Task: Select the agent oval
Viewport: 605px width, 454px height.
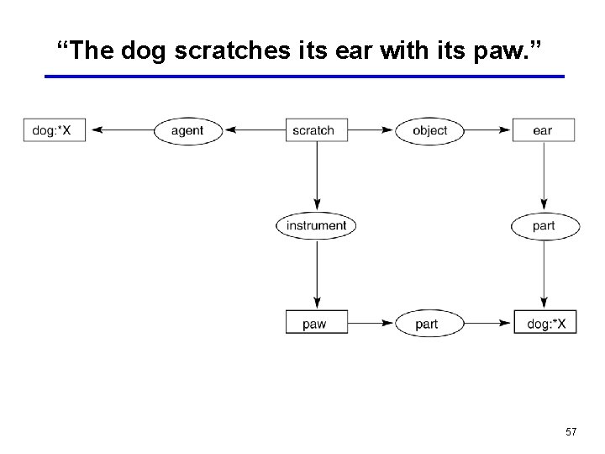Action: tap(187, 130)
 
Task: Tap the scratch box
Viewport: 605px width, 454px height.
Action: tap(313, 130)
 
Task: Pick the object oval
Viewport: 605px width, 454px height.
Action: tap(429, 130)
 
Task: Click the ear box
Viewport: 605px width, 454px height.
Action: tap(544, 130)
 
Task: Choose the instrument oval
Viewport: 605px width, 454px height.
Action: tap(316, 225)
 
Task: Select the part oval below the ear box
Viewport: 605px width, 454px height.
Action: tap(544, 225)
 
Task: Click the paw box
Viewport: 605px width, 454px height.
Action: tap(316, 324)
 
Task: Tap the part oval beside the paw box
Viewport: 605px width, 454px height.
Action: tap(427, 324)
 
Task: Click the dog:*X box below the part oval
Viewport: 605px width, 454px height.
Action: tap(545, 324)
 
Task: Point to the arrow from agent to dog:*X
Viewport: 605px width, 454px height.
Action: tap(120, 130)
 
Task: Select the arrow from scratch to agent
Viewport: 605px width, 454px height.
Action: tap(255, 130)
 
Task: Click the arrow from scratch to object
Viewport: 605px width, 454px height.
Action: tap(369, 130)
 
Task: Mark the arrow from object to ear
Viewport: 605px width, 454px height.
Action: tap(488, 130)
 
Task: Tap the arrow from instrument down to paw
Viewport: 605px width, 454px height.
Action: tap(317, 274)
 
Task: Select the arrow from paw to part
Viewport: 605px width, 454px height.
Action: tap(371, 324)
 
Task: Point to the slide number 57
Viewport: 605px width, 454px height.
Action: tap(571, 432)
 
